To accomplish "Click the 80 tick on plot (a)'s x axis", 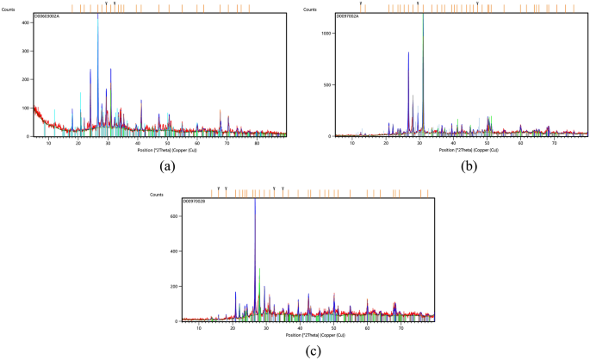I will (257, 140).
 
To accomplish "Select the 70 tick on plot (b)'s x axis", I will (554, 140).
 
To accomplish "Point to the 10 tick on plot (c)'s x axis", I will (199, 327).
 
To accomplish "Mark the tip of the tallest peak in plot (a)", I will (98, 15).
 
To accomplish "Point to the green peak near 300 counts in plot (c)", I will (259, 269).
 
